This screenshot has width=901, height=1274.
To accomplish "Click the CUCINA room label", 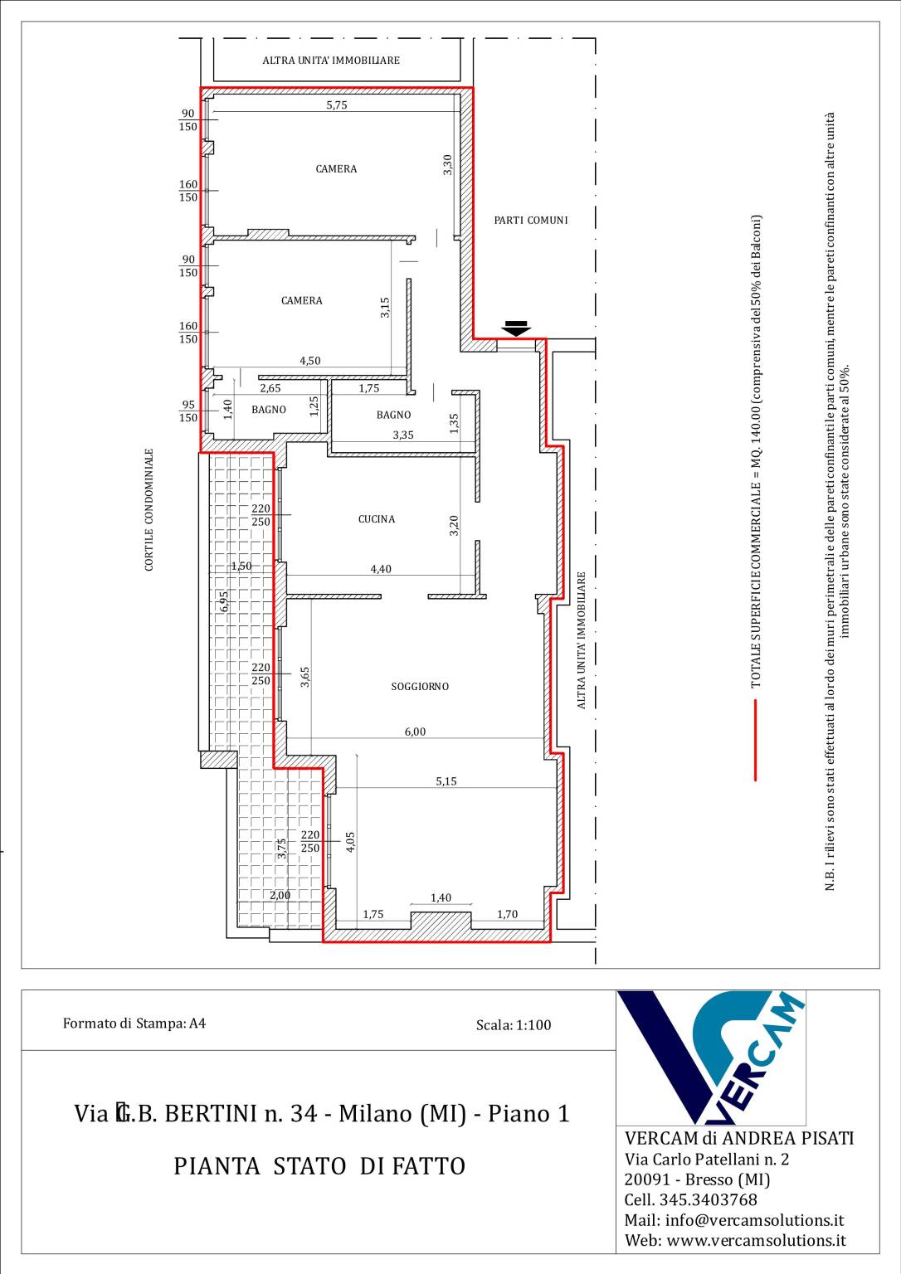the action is pyautogui.click(x=377, y=518).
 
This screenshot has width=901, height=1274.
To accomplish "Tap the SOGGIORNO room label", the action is pyautogui.click(x=420, y=687).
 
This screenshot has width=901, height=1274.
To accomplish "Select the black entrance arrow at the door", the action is pyautogui.click(x=517, y=328).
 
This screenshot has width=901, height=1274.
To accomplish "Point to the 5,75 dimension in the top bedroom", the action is pyautogui.click(x=337, y=105).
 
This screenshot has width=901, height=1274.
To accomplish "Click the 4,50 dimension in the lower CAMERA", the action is pyautogui.click(x=310, y=360).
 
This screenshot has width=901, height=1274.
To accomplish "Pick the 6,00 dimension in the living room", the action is pyautogui.click(x=415, y=732).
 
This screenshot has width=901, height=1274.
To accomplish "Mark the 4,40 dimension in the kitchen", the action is pyautogui.click(x=381, y=569).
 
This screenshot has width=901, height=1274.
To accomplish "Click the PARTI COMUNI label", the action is pyautogui.click(x=531, y=220).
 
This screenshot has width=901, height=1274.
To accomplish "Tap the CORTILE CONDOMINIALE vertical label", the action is pyautogui.click(x=149, y=509).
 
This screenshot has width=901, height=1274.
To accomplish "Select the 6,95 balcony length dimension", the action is pyautogui.click(x=224, y=601).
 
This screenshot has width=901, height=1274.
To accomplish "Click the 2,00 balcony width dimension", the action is pyautogui.click(x=280, y=895).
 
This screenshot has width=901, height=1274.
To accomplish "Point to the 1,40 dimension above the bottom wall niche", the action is pyautogui.click(x=441, y=897).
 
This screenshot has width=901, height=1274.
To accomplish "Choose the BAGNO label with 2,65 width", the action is pyautogui.click(x=269, y=410).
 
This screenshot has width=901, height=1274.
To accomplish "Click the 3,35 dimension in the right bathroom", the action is pyautogui.click(x=403, y=435).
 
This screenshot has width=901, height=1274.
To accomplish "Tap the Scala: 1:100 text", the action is pyautogui.click(x=514, y=1025).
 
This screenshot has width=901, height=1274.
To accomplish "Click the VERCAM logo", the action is pyautogui.click(x=711, y=1058).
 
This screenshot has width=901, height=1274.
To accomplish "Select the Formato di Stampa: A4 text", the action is pyautogui.click(x=134, y=1024).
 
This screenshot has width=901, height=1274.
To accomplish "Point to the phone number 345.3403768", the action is pyautogui.click(x=709, y=1199).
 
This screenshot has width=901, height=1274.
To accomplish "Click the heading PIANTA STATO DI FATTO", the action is pyautogui.click(x=319, y=1166).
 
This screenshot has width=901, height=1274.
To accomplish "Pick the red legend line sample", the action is pyautogui.click(x=755, y=740).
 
